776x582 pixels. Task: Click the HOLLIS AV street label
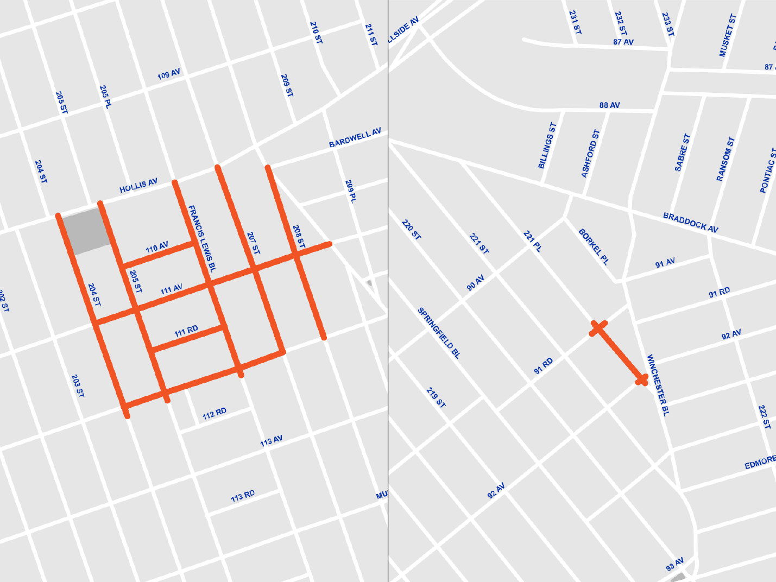(138, 186)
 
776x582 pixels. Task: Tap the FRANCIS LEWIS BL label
(202, 238)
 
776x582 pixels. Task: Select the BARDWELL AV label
(355, 138)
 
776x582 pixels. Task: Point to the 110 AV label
(157, 248)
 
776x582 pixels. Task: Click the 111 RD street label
(186, 331)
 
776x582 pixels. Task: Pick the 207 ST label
(253, 244)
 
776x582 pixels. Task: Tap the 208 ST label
(299, 237)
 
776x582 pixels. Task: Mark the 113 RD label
(243, 496)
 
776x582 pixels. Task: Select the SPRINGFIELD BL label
(439, 333)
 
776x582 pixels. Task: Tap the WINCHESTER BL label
(658, 385)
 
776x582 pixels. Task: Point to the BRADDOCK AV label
(691, 223)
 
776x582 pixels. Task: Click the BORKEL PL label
(594, 247)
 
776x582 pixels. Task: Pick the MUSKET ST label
(728, 35)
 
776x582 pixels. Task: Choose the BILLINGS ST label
(547, 145)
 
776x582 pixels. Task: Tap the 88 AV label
(610, 105)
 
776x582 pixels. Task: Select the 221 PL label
(532, 242)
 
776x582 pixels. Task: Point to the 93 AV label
(674, 565)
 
